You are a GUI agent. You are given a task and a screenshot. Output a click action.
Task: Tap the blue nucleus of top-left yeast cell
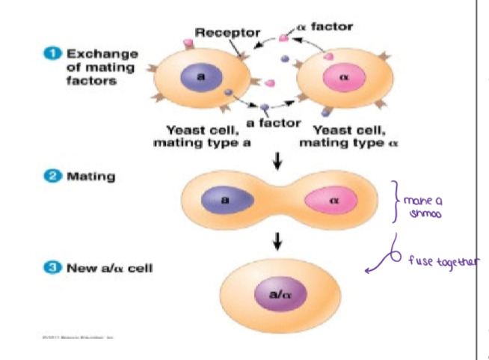201,77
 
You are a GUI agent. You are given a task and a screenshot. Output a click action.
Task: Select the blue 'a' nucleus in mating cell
225,201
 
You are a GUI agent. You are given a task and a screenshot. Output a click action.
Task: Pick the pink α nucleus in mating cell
334,201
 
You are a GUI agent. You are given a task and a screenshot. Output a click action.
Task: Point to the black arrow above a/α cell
278,241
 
